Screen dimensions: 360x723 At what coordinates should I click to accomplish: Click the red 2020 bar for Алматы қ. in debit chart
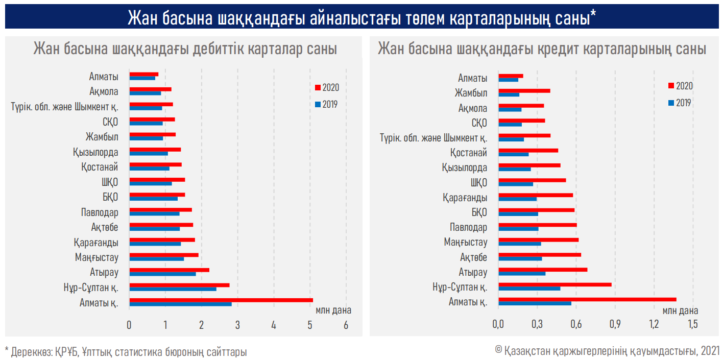click(x=221, y=300)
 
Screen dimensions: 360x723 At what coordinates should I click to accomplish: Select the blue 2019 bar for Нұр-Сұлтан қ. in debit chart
click(x=173, y=289)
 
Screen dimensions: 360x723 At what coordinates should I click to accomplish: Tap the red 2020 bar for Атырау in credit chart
click(x=542, y=269)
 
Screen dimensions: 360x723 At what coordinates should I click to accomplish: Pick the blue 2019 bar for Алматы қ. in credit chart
click(x=534, y=303)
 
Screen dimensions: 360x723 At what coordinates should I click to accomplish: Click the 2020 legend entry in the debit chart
click(x=327, y=87)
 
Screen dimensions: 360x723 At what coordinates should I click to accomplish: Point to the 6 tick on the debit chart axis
click(x=346, y=325)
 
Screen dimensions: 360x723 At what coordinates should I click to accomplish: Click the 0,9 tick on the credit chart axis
click(x=615, y=325)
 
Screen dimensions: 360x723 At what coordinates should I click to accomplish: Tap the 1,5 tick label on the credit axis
click(x=692, y=325)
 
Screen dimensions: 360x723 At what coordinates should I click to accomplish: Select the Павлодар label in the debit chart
click(x=100, y=212)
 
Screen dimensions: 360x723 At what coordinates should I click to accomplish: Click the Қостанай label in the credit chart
click(x=469, y=153)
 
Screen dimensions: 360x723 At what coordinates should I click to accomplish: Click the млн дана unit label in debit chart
click(x=333, y=309)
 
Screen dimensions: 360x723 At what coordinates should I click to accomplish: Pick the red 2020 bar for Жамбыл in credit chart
click(x=524, y=91)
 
